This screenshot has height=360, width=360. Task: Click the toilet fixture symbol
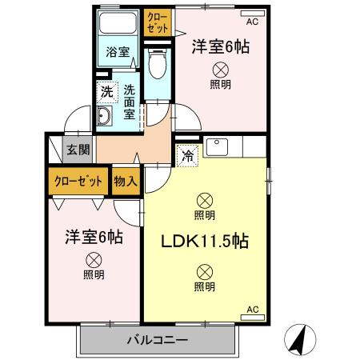point(158,62)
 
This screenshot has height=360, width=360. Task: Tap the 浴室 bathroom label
point(118,53)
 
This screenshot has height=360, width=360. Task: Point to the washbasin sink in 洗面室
point(106,118)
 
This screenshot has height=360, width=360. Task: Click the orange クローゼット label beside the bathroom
point(157,22)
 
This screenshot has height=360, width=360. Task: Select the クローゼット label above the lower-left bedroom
point(78,181)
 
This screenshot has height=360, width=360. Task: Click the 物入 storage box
point(126,181)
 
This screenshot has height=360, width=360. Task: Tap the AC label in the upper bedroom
point(253,22)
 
